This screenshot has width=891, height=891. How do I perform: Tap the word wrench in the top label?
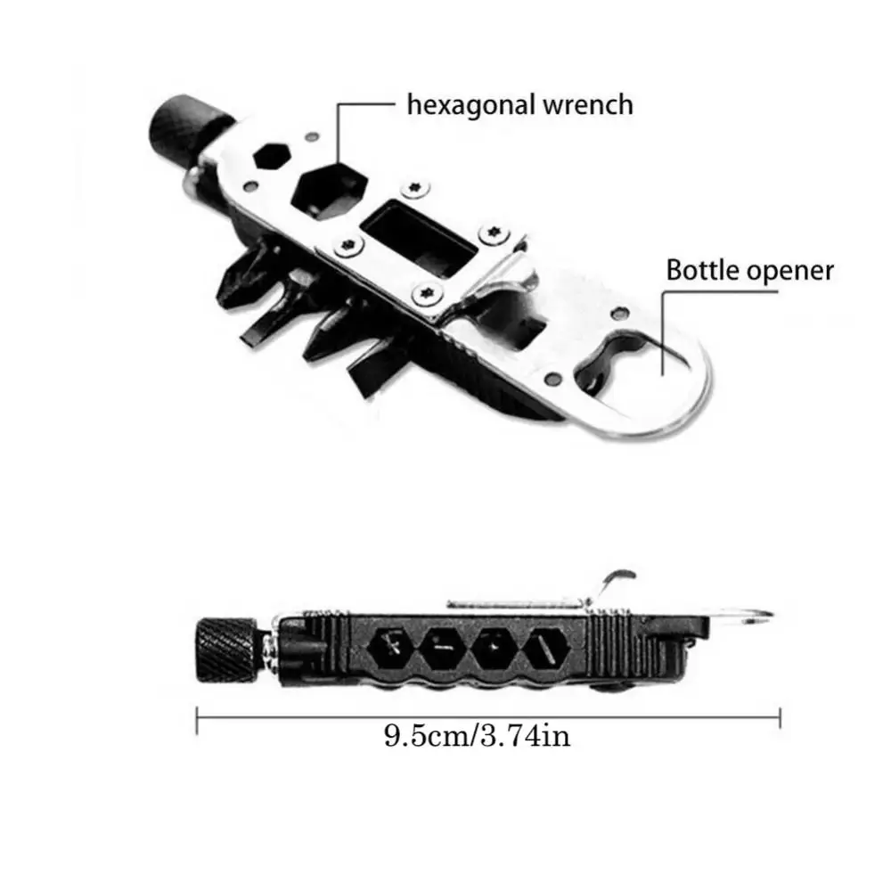click(589, 105)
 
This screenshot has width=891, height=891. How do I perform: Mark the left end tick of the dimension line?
click(197, 717)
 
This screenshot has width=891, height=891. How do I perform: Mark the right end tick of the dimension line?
click(781, 717)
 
